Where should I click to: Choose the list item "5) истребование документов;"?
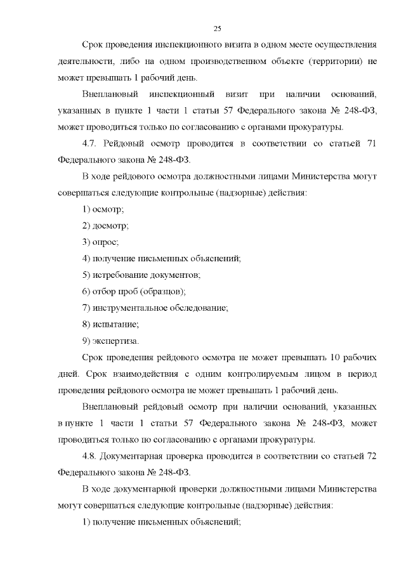[141, 274]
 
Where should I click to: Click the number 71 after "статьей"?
[372, 143]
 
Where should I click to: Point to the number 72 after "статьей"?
[372, 455]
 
